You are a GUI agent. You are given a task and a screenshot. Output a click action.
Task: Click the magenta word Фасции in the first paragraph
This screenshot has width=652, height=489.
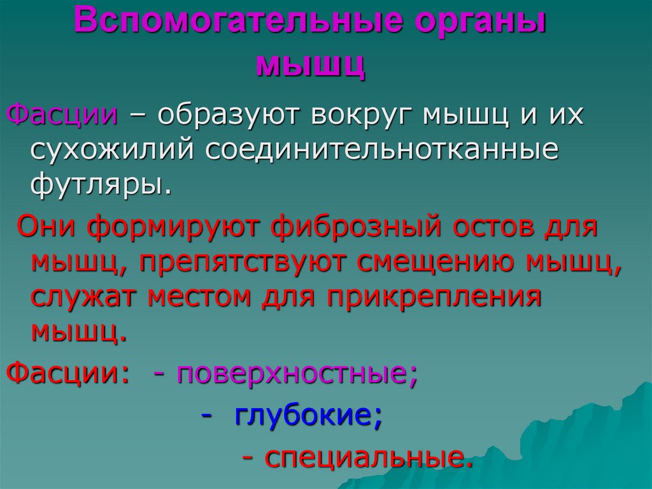pyautogui.click(x=62, y=115)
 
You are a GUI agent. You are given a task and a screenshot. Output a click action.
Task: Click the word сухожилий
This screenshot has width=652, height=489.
pyautogui.click(x=111, y=150)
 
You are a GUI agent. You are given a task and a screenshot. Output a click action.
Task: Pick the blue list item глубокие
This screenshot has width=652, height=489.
pyautogui.click(x=308, y=416)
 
